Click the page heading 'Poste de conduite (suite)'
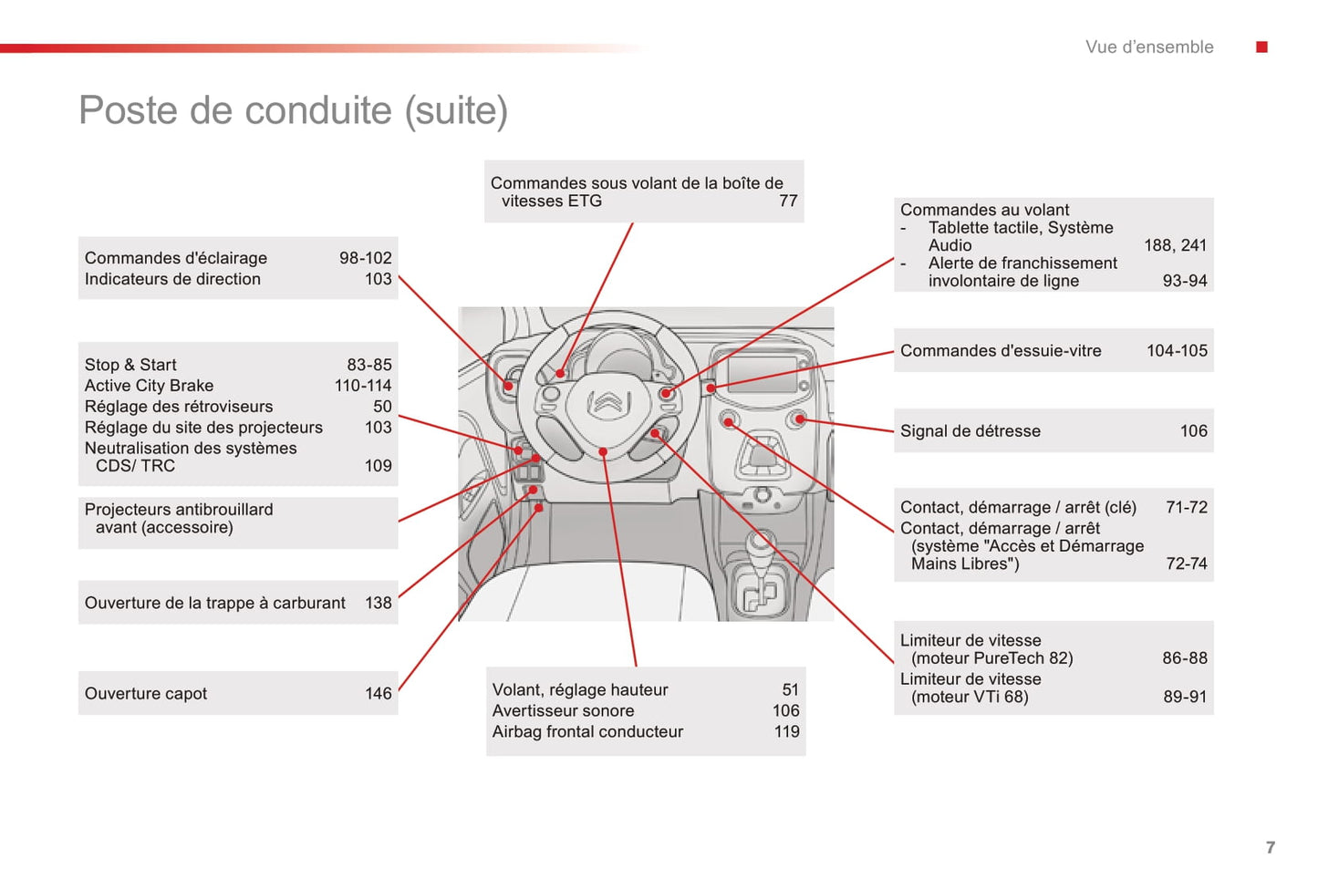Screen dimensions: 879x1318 pos(293,110)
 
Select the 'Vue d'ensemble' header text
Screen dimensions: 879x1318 pos(1148,47)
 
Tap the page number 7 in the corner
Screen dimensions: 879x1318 pos(1270,847)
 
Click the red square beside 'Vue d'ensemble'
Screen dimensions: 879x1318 pos(1261,47)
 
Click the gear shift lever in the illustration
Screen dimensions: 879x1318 pos(759,547)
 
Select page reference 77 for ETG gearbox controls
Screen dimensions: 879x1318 pos(788,201)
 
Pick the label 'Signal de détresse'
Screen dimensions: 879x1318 pos(970,431)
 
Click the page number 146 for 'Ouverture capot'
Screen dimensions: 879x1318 pos(378,694)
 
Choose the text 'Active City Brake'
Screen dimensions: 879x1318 pos(149,386)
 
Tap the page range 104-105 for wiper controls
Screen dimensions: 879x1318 pos(1176,351)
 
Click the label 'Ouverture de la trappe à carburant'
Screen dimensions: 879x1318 pos(214,603)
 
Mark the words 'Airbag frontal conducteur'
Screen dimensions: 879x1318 pos(587,731)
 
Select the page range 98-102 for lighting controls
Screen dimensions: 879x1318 pos(365,258)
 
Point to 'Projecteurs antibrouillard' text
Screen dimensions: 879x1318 pos(179,510)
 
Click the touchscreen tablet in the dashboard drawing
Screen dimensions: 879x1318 pos(763,375)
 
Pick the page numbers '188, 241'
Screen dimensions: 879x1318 pos(1175,245)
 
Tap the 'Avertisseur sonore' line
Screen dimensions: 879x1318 pos(563,710)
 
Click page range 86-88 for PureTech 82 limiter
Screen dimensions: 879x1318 pos(1184,658)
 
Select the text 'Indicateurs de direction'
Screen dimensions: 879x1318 pos(172,279)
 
